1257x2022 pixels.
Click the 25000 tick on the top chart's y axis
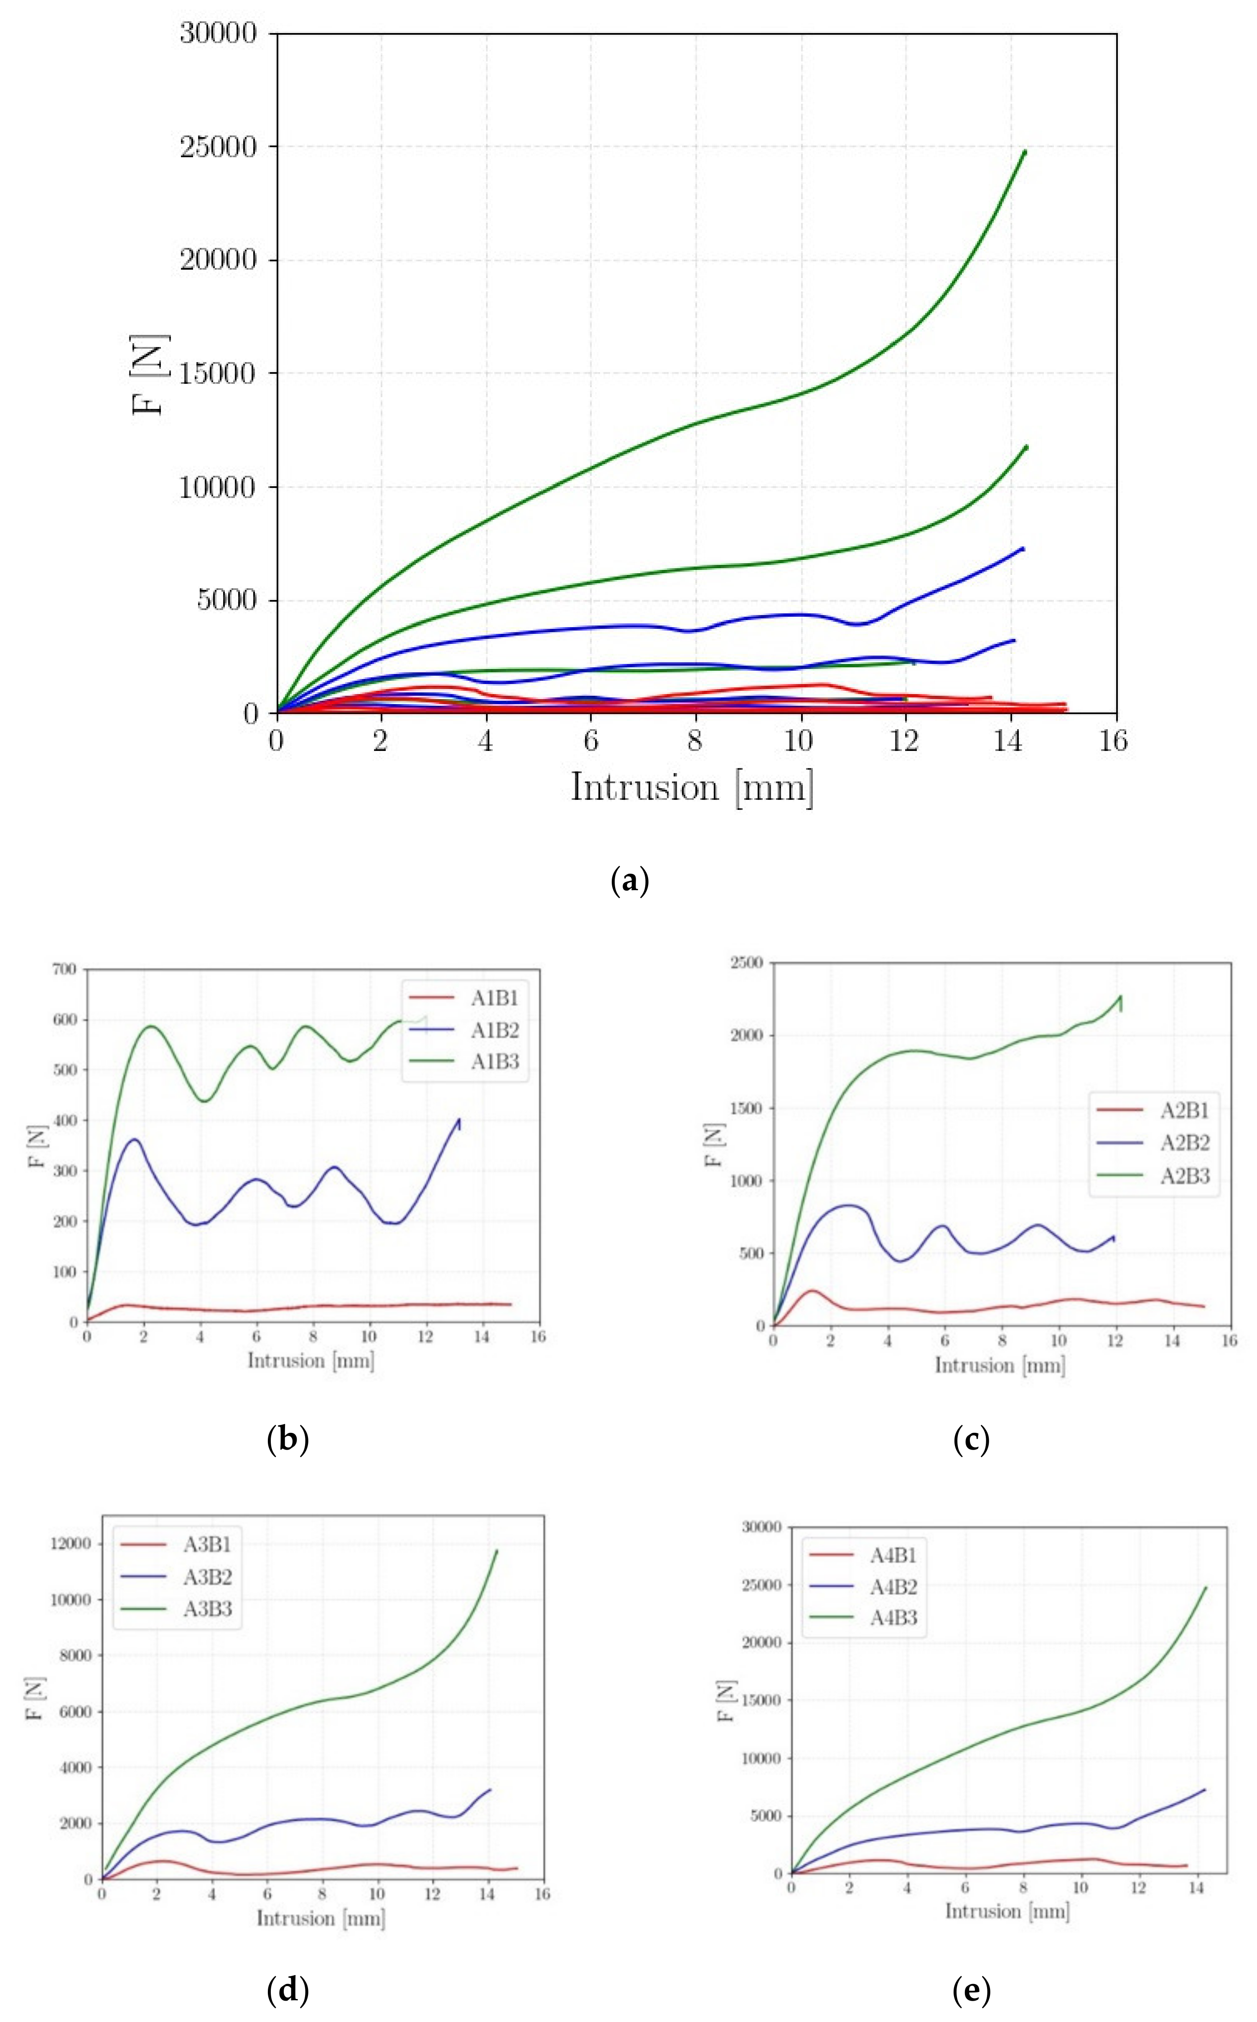coord(218,147)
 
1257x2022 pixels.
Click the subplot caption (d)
coord(288,1990)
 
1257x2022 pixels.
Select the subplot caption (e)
coord(971,1990)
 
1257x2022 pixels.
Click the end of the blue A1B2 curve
coord(459,1120)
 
